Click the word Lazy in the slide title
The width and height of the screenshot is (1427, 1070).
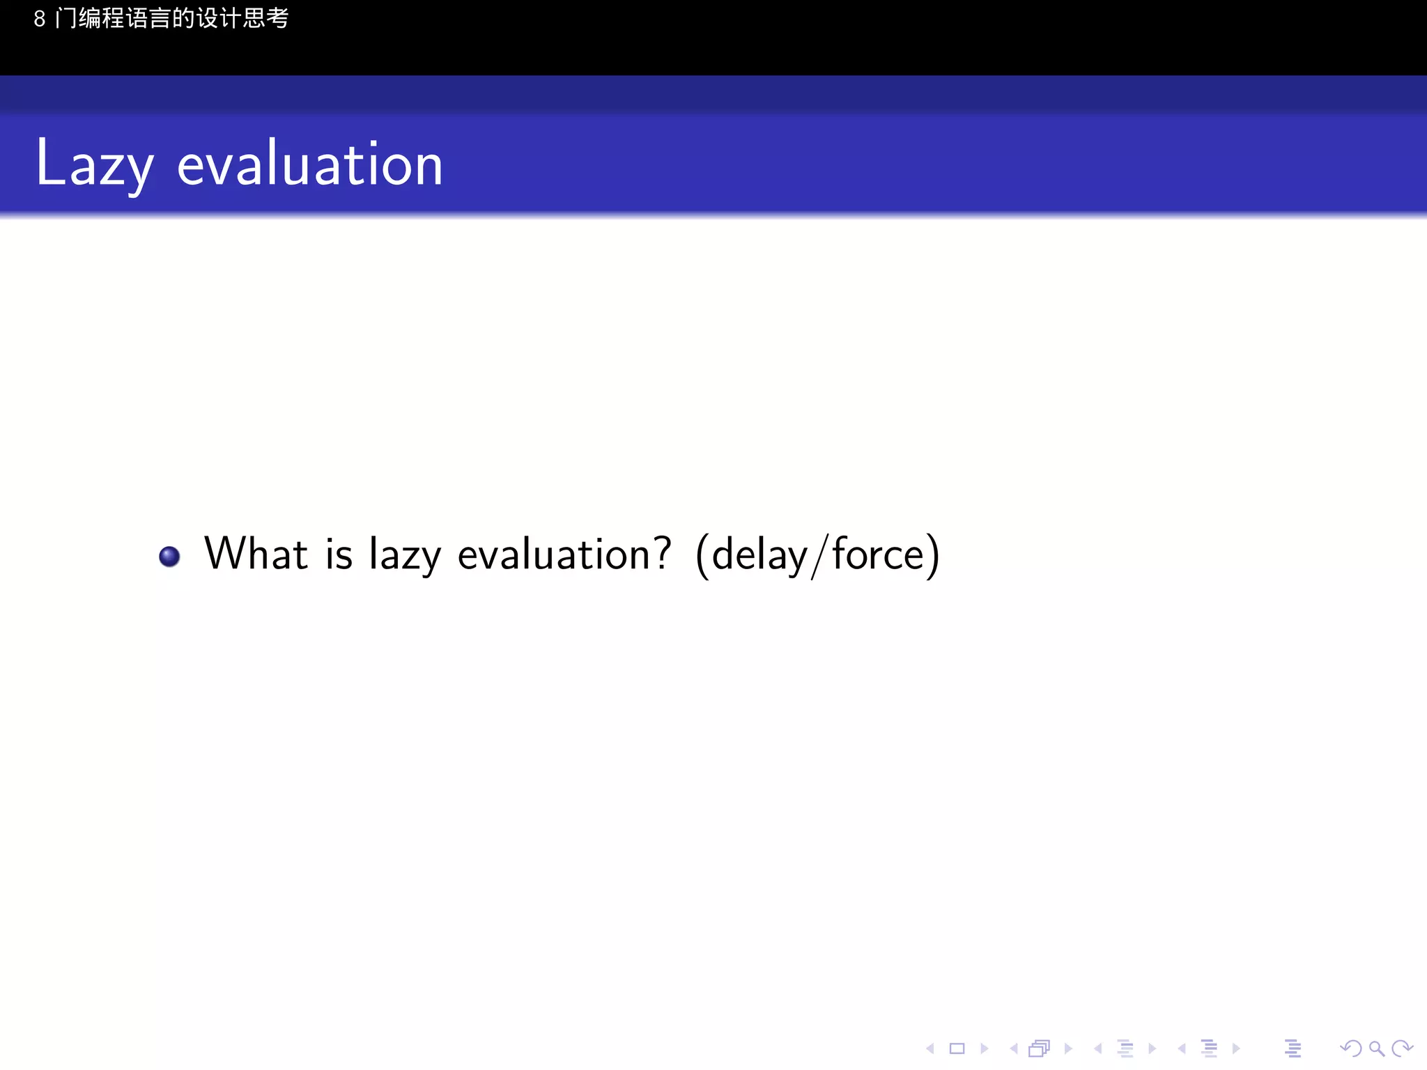coord(94,164)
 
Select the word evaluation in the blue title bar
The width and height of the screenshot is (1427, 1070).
coord(310,164)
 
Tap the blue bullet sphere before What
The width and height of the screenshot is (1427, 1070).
coord(169,557)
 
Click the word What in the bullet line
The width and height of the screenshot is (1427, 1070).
coord(256,555)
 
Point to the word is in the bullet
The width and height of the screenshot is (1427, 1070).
coord(339,555)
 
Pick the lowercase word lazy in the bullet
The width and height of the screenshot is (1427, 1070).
coord(405,556)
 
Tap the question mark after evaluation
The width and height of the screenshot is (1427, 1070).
coord(663,553)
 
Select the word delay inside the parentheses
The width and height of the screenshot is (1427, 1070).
coord(759,556)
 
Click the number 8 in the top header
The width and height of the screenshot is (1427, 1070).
coord(40,19)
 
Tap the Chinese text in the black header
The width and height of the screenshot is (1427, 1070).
coord(171,18)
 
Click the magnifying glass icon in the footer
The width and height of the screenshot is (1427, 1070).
coord(1376,1048)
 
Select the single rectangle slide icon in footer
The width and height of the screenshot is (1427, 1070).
coord(957,1048)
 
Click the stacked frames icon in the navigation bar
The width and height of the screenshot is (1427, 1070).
coord(1039,1048)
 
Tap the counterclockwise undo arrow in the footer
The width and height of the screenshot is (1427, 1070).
coord(1350,1048)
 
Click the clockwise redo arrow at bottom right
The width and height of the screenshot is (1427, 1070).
coord(1402,1048)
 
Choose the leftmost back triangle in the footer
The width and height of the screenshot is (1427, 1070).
coord(930,1048)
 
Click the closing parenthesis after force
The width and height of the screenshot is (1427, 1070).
coord(934,556)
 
